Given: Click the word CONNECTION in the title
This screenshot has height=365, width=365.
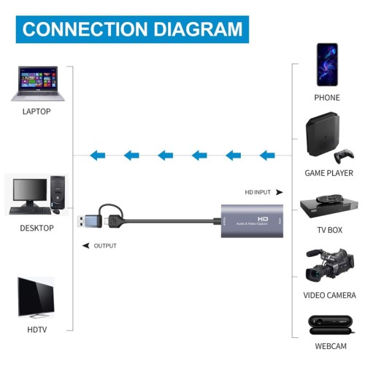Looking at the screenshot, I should (82, 29).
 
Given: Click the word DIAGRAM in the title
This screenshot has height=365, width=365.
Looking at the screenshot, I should (193, 29).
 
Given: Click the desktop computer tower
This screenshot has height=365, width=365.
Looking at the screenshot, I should (58, 193).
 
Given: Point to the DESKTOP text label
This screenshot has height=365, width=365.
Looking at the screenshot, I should (36, 228).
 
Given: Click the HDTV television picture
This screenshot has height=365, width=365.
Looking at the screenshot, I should (36, 295).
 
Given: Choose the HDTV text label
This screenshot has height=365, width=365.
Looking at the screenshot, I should (36, 328).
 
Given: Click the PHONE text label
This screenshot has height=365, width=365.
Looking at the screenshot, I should (327, 97).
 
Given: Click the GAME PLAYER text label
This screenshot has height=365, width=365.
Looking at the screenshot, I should (328, 173).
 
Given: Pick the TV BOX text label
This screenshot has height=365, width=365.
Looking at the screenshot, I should (328, 228).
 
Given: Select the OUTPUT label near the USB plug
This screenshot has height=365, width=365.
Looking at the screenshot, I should (105, 246).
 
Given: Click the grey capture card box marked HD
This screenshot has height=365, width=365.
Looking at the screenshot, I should (253, 222).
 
